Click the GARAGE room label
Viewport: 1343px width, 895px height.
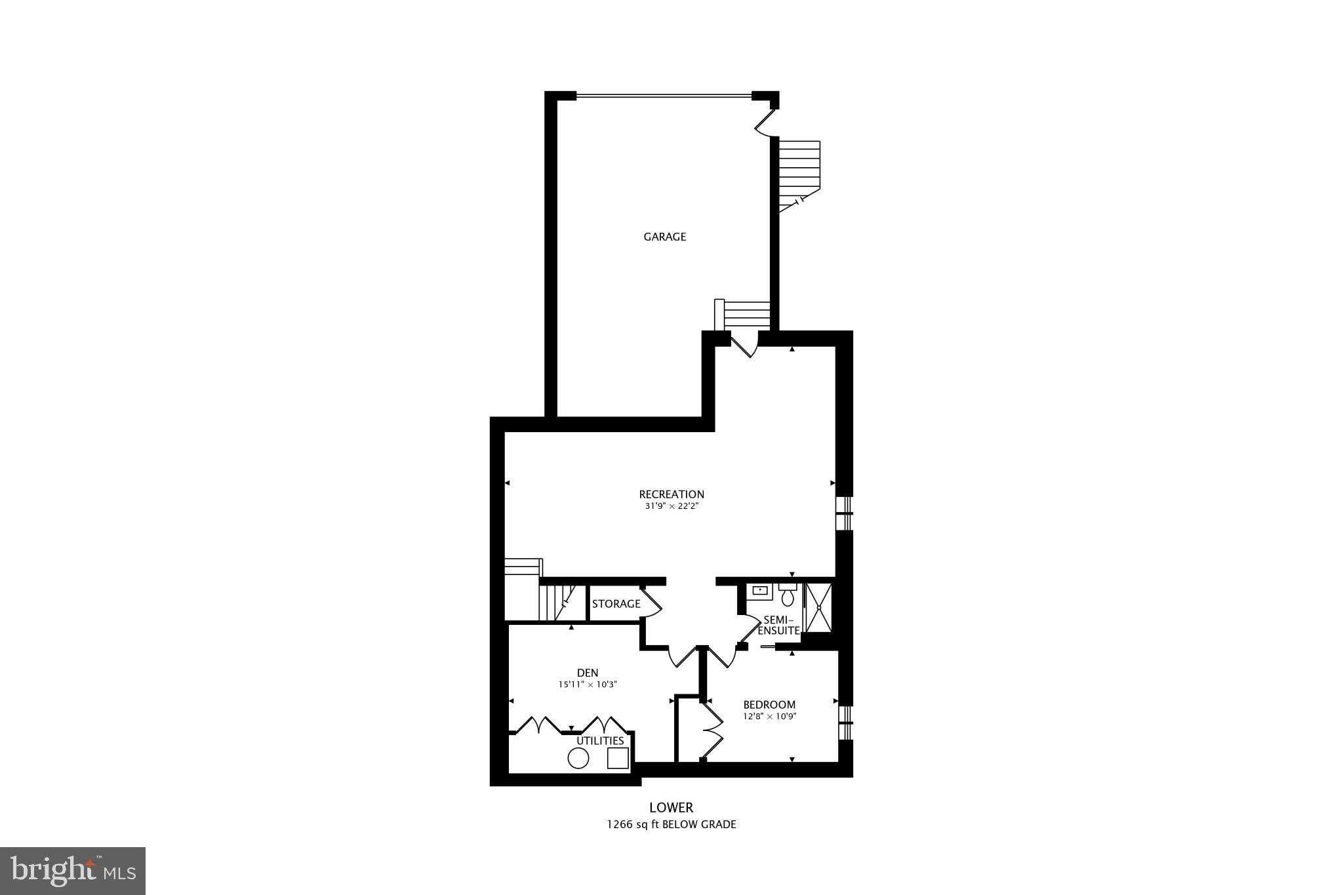[664, 237]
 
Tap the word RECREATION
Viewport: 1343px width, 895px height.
[671, 494]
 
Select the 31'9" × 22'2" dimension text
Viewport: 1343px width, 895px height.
[671, 506]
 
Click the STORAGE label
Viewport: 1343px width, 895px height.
[616, 604]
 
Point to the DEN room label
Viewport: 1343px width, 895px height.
[588, 673]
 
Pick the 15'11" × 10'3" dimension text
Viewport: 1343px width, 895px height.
[588, 685]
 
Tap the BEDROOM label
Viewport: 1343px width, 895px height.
[769, 705]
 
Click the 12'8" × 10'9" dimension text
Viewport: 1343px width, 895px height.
[769, 717]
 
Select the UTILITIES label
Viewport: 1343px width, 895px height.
[600, 741]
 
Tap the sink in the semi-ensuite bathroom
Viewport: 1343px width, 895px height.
[760, 590]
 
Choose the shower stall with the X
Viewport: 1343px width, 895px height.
[818, 607]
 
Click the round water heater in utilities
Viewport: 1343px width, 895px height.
[578, 759]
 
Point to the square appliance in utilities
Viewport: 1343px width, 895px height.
[618, 758]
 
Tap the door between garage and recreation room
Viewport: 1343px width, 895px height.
[744, 345]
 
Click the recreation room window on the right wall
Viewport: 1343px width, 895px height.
[846, 513]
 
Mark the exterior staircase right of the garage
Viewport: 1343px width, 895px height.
[799, 174]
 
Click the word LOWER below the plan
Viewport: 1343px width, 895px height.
[671, 808]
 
